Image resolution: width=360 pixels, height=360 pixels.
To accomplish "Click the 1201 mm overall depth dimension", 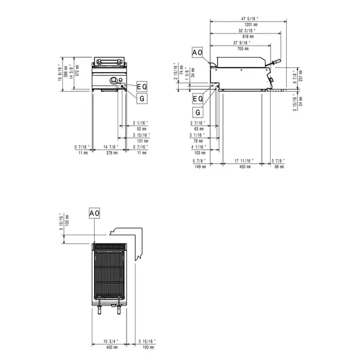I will coord(247,26).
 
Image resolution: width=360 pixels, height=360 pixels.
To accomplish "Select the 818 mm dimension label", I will coord(247,37).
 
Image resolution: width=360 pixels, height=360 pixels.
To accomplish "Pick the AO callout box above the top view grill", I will coord(94,214).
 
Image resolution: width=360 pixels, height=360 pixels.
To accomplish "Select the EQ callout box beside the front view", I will coord(142,86).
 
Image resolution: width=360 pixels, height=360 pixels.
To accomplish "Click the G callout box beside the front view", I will coord(142,98).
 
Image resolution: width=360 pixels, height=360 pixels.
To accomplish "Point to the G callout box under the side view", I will coord(198,112).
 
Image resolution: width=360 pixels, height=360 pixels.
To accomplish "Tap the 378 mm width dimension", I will coord(109,153).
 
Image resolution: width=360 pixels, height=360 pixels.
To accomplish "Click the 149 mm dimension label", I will coord(200,167).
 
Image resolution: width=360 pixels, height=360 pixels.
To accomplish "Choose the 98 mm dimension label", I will coord(277,167).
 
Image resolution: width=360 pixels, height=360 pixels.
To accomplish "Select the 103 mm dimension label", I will coord(200,153).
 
